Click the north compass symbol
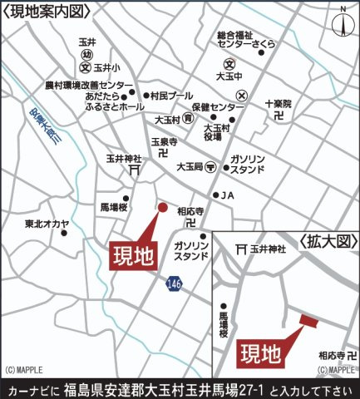pyautogui.click(x=342, y=22)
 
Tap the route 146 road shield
pyautogui.click(x=173, y=283)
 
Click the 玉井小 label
pyautogui.click(x=107, y=66)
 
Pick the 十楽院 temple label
pyautogui.click(x=279, y=104)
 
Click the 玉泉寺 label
pyautogui.click(x=161, y=142)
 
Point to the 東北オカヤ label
pyautogui.click(x=47, y=224)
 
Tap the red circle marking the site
pyautogui.click(x=163, y=208)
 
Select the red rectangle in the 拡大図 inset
pyautogui.click(x=308, y=320)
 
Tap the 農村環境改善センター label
pyautogui.click(x=88, y=85)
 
